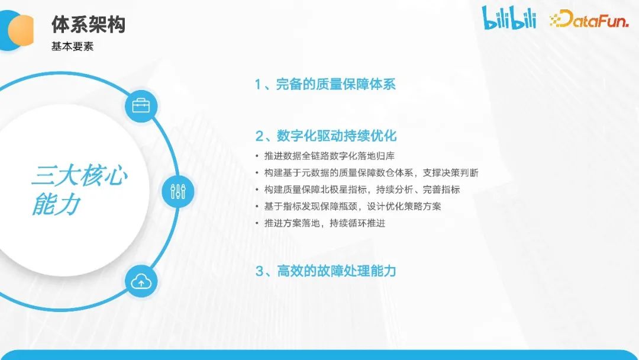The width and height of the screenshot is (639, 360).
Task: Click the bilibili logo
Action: pos(509,18)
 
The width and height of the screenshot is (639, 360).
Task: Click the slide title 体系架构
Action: pos(88,24)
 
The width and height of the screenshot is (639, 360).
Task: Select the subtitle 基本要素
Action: pos(72,46)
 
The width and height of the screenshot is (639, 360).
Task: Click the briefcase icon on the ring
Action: pos(141,107)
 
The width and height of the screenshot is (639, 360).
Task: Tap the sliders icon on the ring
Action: pos(178,191)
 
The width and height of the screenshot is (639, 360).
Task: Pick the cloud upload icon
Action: pos(141,282)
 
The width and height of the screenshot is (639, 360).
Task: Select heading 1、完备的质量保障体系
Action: pos(325,84)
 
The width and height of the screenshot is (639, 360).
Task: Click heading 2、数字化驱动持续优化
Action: pos(325,136)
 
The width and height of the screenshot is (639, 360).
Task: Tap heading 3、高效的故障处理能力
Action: pos(325,271)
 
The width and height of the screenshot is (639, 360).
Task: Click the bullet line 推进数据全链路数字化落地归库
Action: pos(329,156)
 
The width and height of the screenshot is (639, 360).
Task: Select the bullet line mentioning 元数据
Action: pos(371,173)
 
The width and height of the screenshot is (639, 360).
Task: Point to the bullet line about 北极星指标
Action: pos(362,189)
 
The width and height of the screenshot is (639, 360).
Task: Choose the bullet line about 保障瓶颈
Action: pos(353,206)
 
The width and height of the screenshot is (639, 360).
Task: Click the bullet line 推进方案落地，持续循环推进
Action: pos(324,223)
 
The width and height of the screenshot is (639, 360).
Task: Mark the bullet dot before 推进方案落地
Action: pos(257,223)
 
